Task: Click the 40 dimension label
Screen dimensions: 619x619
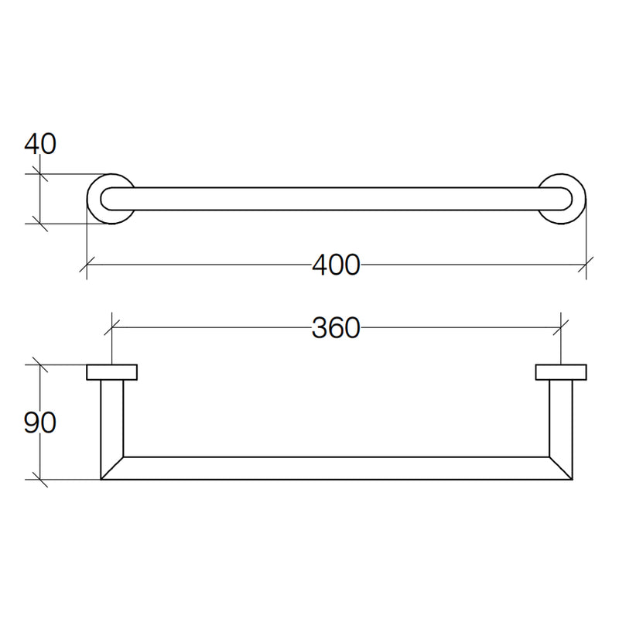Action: [x=40, y=144]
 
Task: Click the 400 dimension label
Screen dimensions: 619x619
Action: [x=336, y=265]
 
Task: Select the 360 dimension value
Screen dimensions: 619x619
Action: [x=336, y=327]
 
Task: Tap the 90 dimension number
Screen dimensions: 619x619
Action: [x=40, y=422]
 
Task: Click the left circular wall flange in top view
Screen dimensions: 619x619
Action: [x=90, y=199]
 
